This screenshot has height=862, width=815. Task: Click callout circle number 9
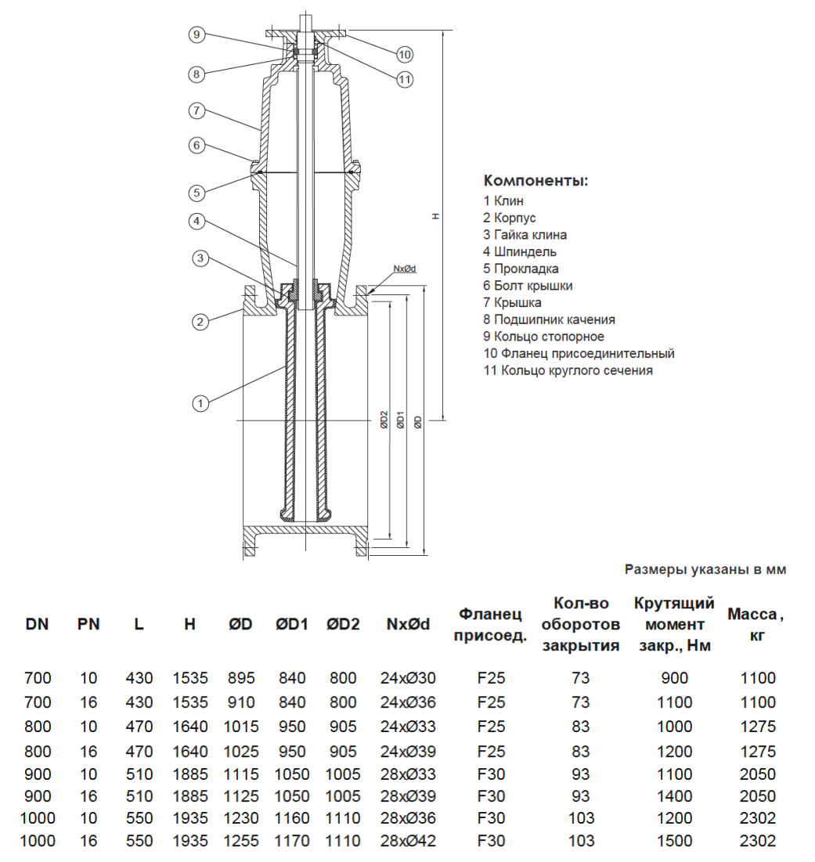[197, 34]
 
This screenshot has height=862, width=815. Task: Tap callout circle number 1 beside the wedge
[201, 403]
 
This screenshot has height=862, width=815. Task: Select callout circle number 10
[404, 54]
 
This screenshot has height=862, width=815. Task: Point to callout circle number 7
[197, 110]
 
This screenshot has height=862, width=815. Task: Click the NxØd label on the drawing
[404, 269]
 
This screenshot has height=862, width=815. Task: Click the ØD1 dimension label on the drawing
[401, 421]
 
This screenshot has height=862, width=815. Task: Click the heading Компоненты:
[536, 181]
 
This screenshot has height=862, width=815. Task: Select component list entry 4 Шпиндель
[520, 251]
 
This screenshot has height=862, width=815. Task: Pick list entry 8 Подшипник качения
[549, 319]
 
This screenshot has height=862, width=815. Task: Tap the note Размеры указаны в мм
[705, 570]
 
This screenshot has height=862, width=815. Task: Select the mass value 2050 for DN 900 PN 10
[758, 774]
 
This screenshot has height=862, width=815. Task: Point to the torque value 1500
[674, 842]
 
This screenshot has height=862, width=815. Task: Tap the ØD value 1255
[241, 842]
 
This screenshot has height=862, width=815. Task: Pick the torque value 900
[674, 678]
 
